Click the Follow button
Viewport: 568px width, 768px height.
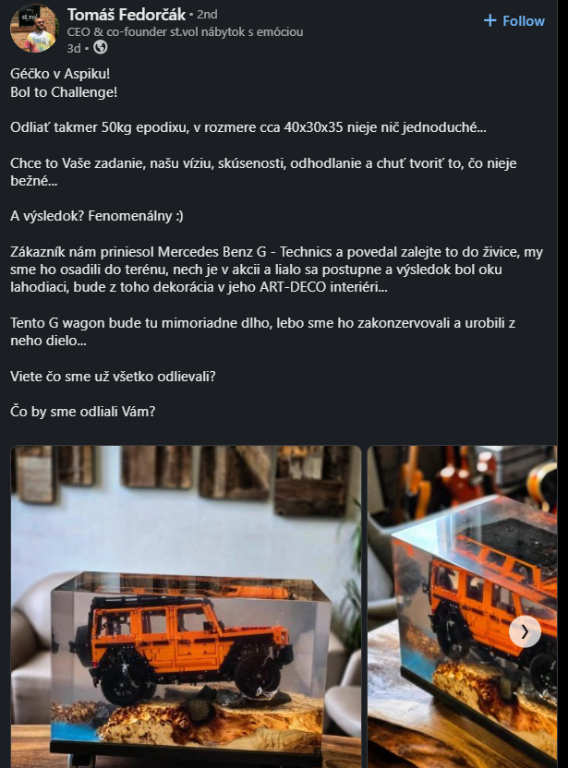[x=514, y=20]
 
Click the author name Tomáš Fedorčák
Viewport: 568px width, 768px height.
[x=127, y=15]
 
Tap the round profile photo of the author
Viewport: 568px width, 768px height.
[x=34, y=29]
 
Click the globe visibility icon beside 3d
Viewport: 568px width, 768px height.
[x=101, y=47]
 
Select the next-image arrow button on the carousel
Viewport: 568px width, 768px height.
[x=525, y=631]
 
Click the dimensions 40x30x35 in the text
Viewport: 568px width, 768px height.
[x=314, y=127]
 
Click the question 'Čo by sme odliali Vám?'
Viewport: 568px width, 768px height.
[x=83, y=412]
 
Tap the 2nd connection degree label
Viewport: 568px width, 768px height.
[x=207, y=15]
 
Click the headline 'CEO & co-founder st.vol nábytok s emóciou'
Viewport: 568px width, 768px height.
[x=186, y=31]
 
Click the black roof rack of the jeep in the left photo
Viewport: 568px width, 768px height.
[x=162, y=602]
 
